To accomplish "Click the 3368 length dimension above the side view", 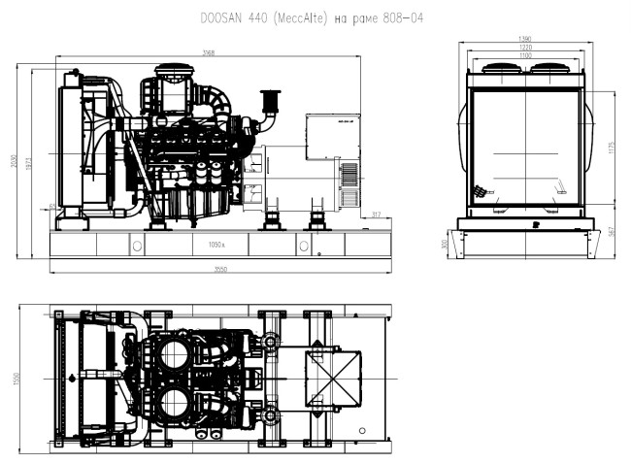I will coord(209,52).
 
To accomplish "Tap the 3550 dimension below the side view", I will coord(220,268).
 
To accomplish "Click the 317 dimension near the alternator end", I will coord(376,215).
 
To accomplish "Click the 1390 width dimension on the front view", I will coord(525,39).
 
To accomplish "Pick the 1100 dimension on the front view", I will coord(525,57).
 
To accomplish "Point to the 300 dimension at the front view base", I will coord(446,245).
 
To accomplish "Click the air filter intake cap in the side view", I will coord(269,99).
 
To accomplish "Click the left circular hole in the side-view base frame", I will coord(136,246).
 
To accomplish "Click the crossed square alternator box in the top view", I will coord(336,377).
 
